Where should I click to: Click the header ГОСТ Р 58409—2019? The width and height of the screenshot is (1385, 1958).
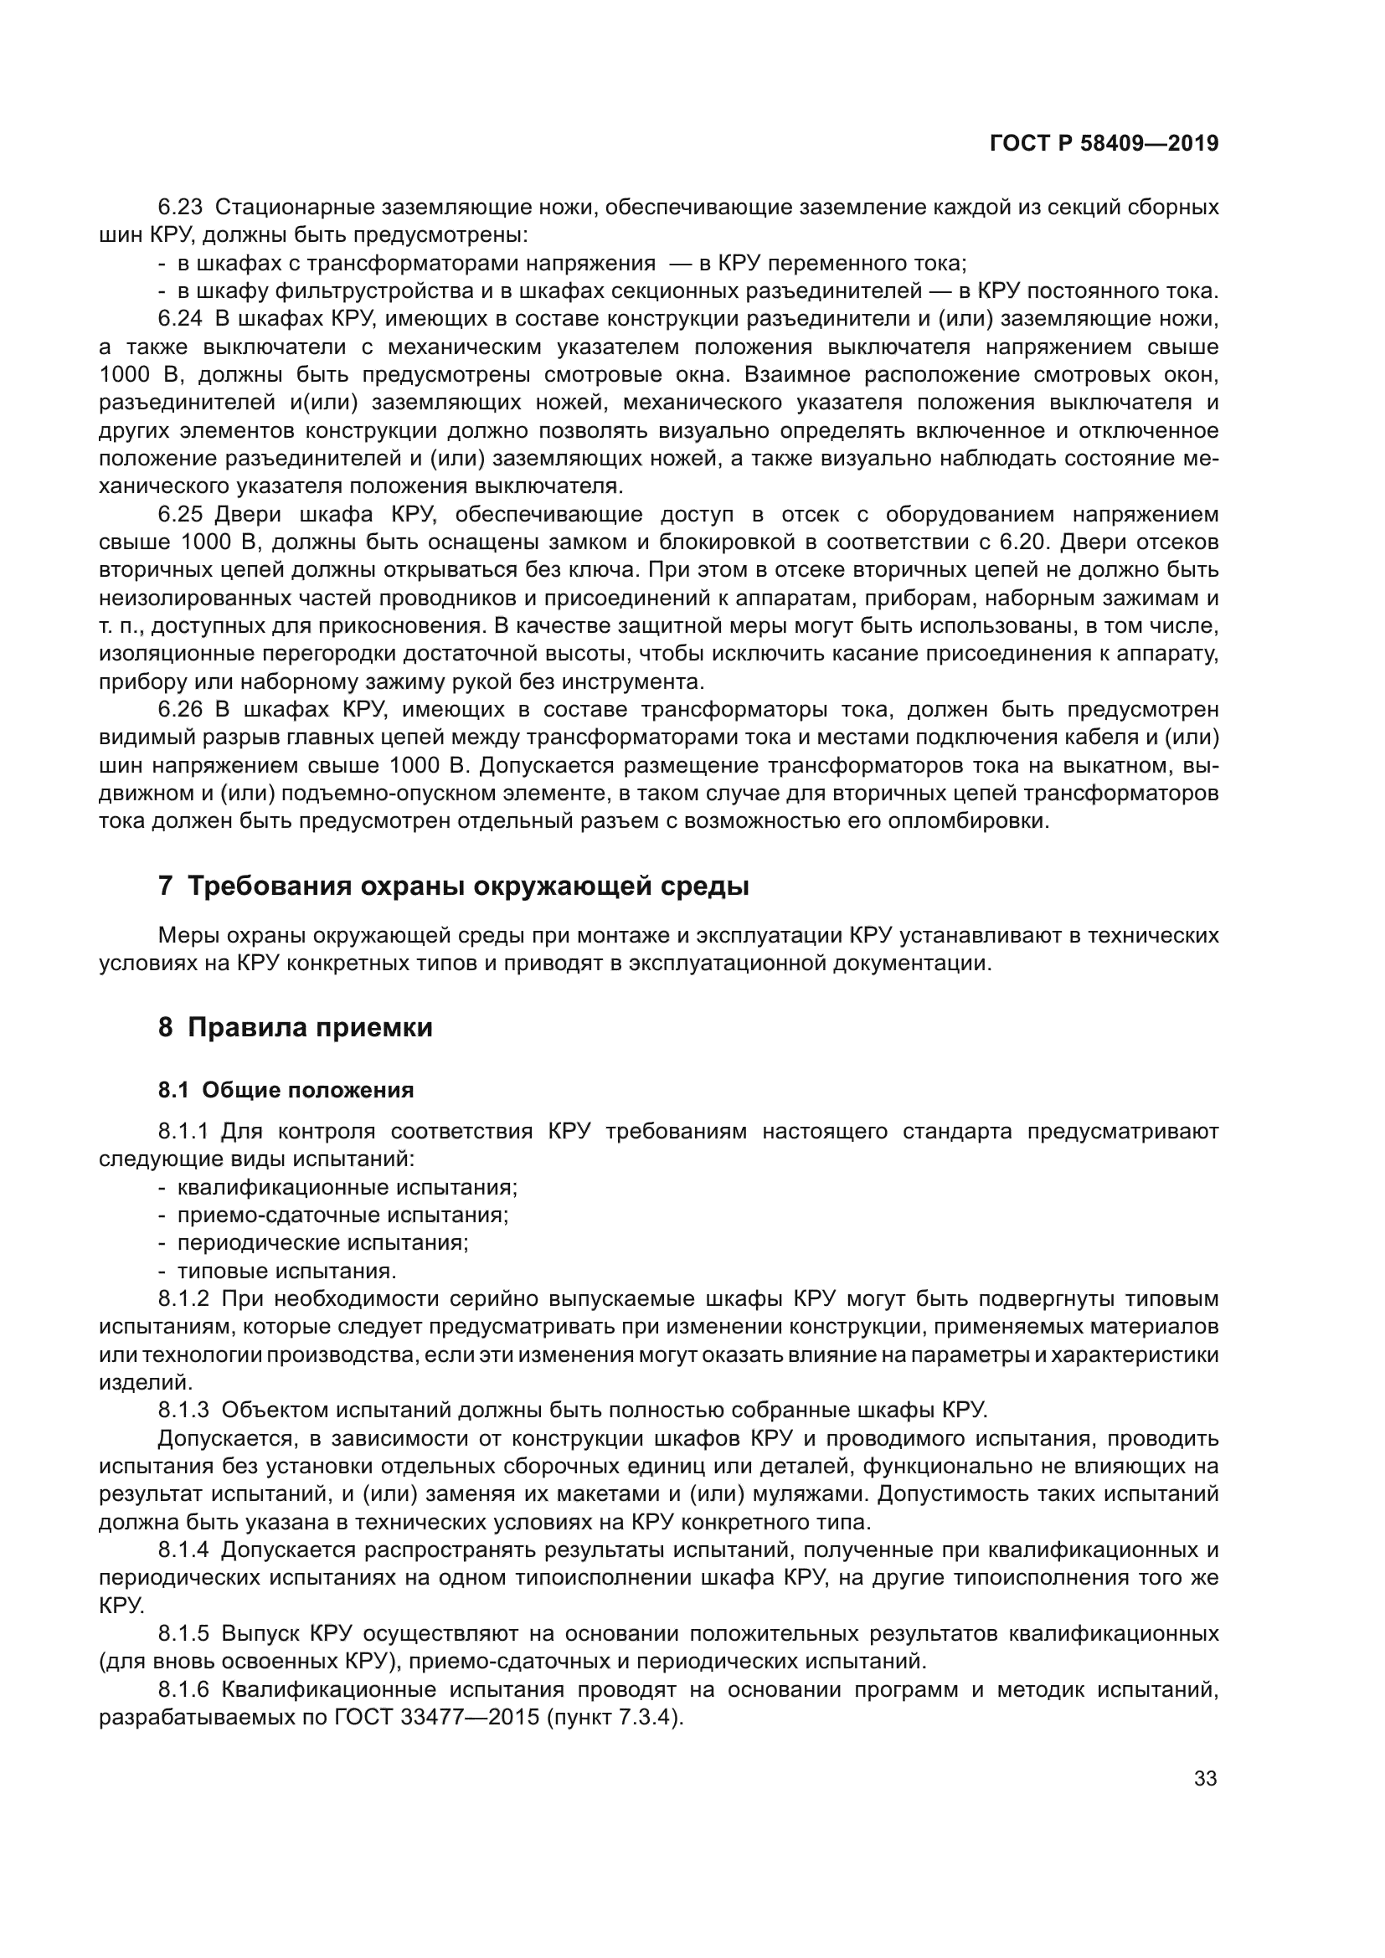[1104, 144]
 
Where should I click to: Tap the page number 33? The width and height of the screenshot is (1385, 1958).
[1205, 1779]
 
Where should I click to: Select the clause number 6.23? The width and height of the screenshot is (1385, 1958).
[180, 208]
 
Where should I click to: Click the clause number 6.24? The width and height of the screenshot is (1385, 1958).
[180, 319]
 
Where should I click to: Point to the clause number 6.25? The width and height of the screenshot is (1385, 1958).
[180, 514]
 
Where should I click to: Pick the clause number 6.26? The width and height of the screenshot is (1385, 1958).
[180, 711]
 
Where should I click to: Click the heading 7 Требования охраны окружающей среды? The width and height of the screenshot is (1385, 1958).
[453, 886]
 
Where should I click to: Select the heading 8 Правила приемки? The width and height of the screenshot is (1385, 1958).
[295, 1028]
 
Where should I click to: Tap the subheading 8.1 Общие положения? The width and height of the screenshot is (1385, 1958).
[286, 1090]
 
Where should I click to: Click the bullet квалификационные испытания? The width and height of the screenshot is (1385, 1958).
[348, 1187]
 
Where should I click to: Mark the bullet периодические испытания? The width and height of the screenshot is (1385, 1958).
[322, 1243]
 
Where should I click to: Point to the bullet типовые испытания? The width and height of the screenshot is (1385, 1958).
[286, 1272]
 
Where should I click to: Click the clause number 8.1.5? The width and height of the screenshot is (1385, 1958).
[183, 1633]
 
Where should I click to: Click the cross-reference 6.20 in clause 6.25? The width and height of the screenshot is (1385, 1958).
[1017, 542]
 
